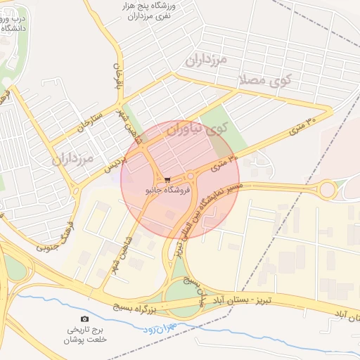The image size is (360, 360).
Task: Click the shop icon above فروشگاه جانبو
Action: click(167, 180)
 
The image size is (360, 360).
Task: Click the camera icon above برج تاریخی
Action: click(86, 319)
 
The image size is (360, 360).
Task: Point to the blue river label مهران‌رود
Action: click(161, 328)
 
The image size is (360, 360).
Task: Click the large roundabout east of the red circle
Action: click(327, 189)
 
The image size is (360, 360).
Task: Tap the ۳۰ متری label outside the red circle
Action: click(302, 126)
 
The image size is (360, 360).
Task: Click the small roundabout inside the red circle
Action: click(190, 176)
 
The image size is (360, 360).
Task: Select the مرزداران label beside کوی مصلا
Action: click(206, 60)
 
